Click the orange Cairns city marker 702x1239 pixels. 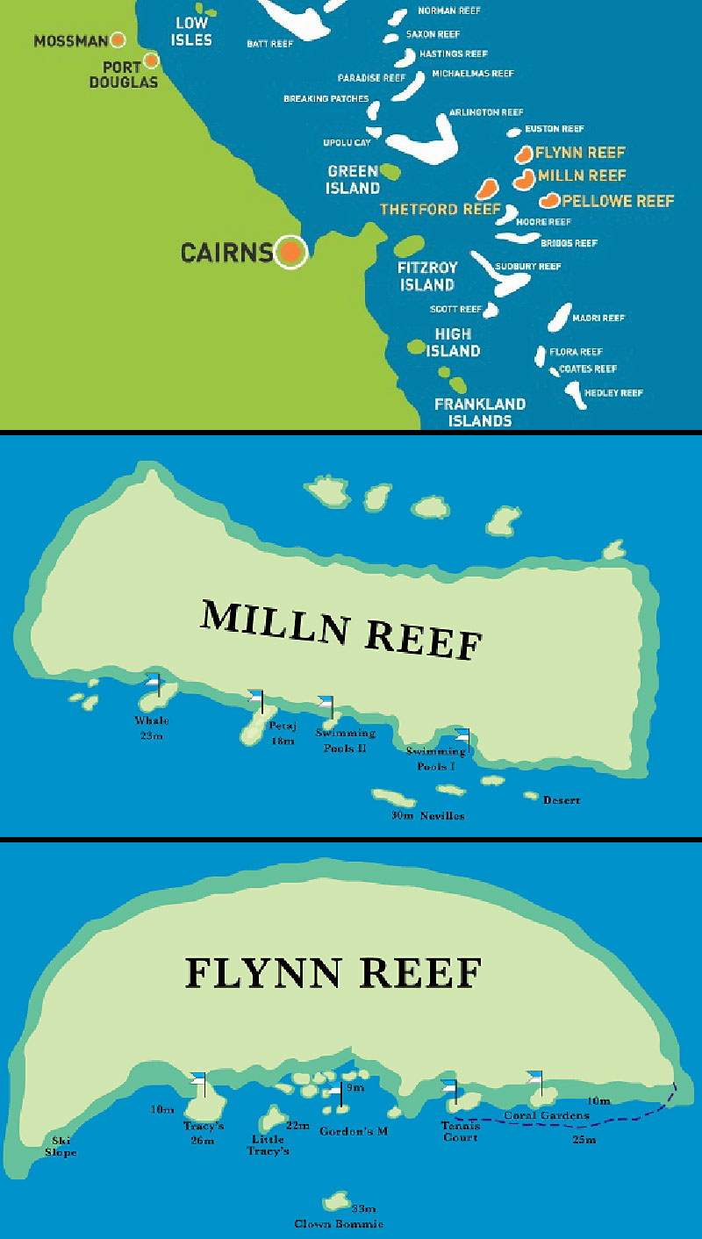290,253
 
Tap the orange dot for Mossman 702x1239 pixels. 118,39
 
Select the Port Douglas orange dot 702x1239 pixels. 151,61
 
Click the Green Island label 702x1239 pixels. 354,179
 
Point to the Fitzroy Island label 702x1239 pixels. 427,276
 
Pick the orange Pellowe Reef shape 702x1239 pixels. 550,201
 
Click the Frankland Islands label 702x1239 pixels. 480,412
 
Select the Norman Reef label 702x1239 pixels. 448,11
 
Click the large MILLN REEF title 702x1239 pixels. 342,629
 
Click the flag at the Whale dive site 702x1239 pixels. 154,682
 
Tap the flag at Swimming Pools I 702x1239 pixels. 462,737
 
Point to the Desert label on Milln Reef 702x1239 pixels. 562,800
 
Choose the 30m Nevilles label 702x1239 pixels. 429,815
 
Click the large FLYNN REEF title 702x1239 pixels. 333,973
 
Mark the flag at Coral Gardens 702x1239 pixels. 534,1078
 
